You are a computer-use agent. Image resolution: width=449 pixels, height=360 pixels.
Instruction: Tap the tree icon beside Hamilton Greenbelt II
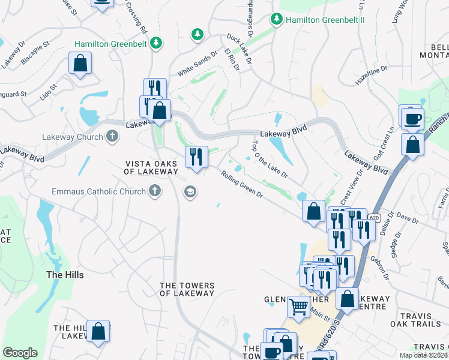click(x=277, y=19)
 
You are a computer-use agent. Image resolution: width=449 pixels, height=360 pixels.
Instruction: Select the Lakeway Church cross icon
click(x=112, y=137)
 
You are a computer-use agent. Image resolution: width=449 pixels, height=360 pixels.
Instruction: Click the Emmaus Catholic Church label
click(x=98, y=192)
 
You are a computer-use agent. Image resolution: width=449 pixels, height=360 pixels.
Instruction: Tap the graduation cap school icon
click(x=191, y=192)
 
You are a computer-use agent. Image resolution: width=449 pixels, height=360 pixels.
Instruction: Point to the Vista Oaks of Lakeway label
click(x=151, y=167)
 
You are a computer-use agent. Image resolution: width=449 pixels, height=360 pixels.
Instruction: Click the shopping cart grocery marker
click(x=298, y=307)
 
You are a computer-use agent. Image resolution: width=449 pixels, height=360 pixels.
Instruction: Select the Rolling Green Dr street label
click(x=242, y=185)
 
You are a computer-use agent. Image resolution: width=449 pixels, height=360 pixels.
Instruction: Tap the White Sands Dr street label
click(x=195, y=66)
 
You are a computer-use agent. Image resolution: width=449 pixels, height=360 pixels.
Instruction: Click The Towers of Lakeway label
click(x=187, y=289)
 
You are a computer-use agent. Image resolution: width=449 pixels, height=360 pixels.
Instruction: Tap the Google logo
click(x=20, y=353)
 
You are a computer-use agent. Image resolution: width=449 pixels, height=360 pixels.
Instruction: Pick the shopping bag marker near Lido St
click(x=80, y=64)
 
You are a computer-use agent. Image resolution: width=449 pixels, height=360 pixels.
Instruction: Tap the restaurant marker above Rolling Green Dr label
click(x=196, y=157)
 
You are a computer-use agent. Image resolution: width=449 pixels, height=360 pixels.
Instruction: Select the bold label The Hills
click(x=65, y=275)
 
